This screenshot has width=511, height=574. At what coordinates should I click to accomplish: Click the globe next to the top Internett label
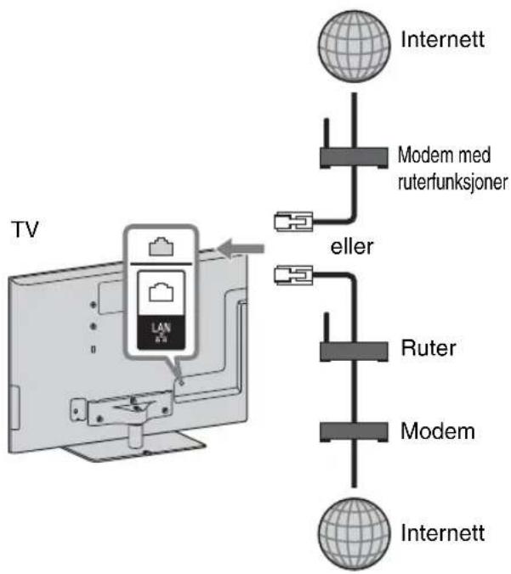tap(354, 46)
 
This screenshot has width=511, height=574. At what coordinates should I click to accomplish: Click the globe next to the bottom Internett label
tap(354, 534)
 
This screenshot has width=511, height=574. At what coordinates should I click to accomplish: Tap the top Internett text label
tap(442, 39)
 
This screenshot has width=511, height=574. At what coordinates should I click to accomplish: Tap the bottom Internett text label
tap(442, 532)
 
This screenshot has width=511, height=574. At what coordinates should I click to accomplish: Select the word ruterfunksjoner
tap(453, 182)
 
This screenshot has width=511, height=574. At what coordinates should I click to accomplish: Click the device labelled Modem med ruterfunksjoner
tap(354, 158)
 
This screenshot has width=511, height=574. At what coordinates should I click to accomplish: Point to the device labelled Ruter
tap(354, 352)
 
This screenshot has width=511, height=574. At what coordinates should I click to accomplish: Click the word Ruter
tap(429, 348)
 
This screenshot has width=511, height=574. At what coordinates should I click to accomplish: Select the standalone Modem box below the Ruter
tap(354, 432)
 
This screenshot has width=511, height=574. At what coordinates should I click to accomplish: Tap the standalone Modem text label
tap(438, 431)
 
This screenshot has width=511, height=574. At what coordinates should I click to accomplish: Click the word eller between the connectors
tap(351, 246)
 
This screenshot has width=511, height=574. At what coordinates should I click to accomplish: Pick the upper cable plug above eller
tap(293, 222)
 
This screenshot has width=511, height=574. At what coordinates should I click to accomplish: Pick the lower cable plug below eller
tap(293, 275)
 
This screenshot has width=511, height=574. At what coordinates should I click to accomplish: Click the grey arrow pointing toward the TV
tap(241, 249)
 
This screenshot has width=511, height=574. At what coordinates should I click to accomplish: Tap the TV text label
tap(26, 229)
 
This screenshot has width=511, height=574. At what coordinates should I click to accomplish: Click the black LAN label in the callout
tap(161, 332)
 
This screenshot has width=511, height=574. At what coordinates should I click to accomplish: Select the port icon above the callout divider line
tap(161, 246)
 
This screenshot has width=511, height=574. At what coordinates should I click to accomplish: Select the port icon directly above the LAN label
tap(161, 292)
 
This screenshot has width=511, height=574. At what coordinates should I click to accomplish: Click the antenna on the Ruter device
tap(326, 327)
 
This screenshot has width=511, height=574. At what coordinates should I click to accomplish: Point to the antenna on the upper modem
tap(326, 132)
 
